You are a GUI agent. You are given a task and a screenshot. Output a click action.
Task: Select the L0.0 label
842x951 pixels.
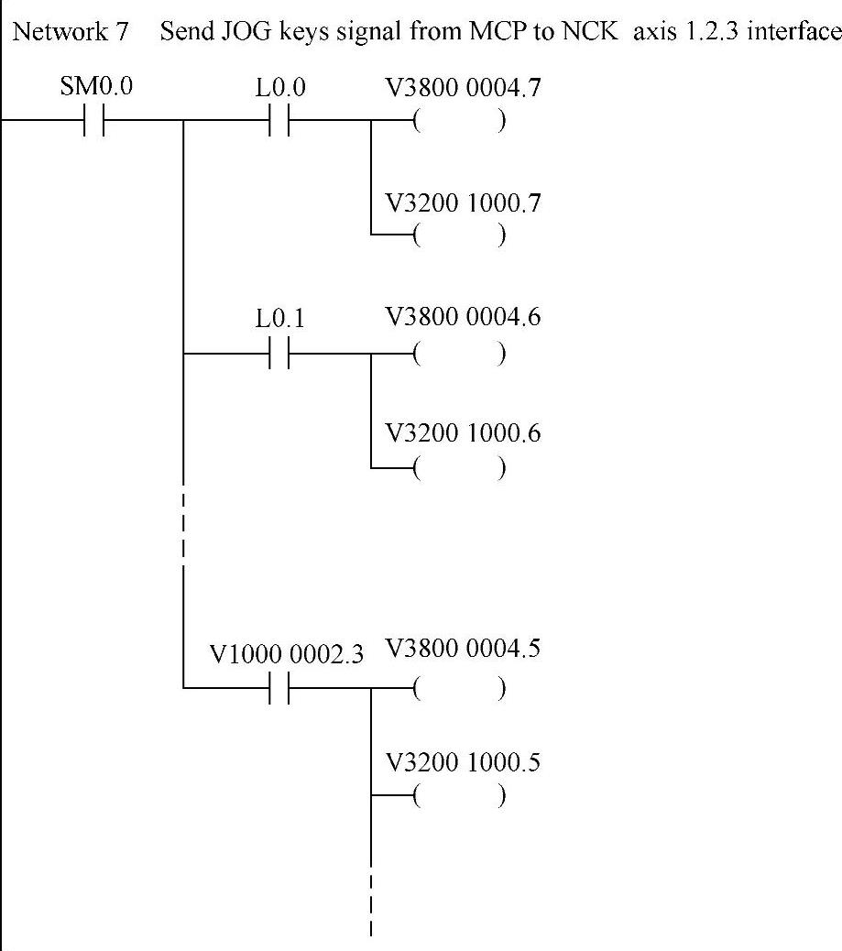[280, 88]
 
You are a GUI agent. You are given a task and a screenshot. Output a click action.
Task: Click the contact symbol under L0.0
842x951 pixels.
[280, 121]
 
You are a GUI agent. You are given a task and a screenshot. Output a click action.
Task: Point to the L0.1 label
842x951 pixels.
[280, 320]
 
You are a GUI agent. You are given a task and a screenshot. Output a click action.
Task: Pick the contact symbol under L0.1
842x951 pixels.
[280, 353]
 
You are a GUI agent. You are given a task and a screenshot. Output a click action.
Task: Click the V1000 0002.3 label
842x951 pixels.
[287, 656]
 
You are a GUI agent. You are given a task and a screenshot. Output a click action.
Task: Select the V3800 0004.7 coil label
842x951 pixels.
[464, 88]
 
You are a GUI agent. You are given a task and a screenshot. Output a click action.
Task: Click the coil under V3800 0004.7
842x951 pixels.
[458, 122]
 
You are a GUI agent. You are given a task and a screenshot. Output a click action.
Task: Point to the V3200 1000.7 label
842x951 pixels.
[464, 202]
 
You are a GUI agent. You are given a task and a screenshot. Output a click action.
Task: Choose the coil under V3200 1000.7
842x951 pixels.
[458, 236]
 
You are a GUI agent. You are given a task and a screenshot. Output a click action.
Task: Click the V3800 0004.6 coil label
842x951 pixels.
[464, 318]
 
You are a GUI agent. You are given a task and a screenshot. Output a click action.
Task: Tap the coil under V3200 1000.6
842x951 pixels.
[458, 469]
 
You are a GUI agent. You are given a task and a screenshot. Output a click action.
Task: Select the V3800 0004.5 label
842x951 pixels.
[464, 650]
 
